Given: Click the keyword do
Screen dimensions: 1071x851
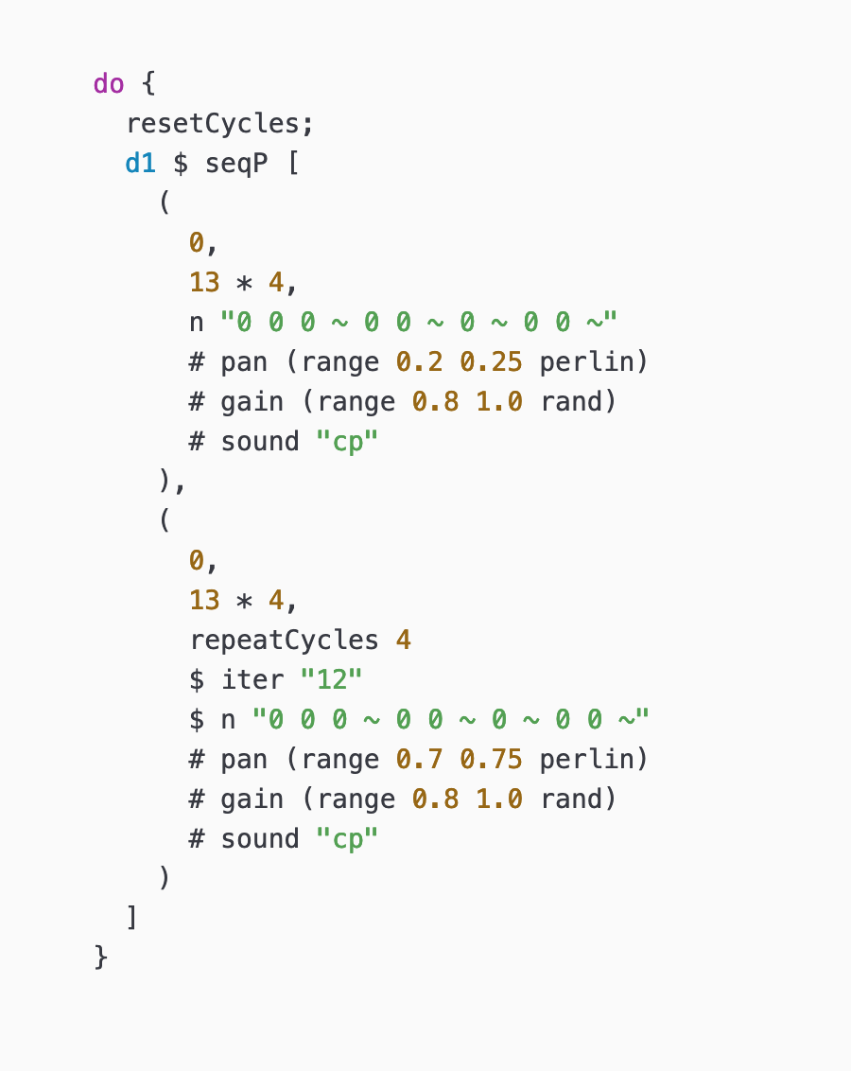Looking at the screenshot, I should click(109, 83).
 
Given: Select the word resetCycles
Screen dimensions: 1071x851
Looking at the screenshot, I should click(213, 123).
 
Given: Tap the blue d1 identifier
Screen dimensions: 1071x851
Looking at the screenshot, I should click(140, 163).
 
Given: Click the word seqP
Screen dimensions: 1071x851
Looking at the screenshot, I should click(236, 163).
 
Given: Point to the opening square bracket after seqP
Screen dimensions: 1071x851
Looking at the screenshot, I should click(292, 163).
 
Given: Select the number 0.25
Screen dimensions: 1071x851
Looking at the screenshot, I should click(492, 361).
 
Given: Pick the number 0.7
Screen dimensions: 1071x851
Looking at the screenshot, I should click(427, 759).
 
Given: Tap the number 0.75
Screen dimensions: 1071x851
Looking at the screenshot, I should click(492, 759).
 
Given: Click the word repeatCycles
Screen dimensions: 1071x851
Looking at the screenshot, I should click(285, 640).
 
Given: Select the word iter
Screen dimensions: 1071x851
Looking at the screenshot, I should click(252, 679).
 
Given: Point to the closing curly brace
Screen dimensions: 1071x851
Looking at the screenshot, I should click(101, 957).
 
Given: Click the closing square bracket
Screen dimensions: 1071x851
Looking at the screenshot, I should click(132, 918).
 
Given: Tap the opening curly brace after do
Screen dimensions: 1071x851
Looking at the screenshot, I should click(148, 83).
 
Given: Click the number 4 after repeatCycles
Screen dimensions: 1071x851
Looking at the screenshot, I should click(404, 640).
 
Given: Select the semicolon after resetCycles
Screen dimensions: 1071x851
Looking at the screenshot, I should click(308, 123).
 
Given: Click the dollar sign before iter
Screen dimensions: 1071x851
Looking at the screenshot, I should click(197, 679).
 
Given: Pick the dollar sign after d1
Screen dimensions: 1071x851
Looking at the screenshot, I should click(181, 163).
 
